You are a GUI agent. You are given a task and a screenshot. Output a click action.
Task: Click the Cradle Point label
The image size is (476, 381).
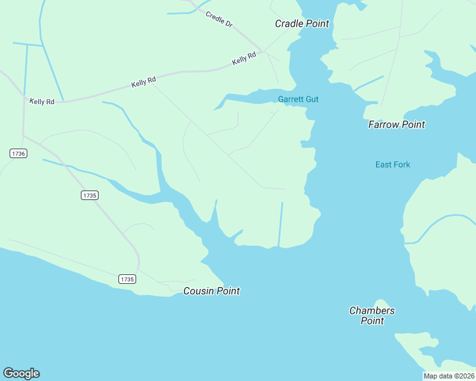pyautogui.click(x=302, y=23)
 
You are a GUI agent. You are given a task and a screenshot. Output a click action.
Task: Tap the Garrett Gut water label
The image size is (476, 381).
pyautogui.click(x=298, y=99)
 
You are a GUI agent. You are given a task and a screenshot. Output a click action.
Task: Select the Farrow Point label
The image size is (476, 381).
pyautogui.click(x=396, y=124)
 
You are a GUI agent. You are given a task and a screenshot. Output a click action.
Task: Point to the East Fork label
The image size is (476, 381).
pyautogui.click(x=393, y=164)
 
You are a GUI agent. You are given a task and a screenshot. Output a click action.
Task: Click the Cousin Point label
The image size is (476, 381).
pyautogui.click(x=211, y=291)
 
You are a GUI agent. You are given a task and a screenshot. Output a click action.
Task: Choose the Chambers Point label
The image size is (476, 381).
pyautogui.click(x=372, y=316)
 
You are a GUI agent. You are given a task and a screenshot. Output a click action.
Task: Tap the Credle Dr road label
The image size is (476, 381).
pyautogui.click(x=220, y=18)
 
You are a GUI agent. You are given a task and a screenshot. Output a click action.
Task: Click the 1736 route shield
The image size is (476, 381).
pyautogui.click(x=18, y=154)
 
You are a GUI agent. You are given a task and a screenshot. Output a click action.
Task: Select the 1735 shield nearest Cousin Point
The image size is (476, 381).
pyautogui.click(x=127, y=279)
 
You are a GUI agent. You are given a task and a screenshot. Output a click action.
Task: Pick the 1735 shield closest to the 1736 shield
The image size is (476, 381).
pyautogui.click(x=89, y=196)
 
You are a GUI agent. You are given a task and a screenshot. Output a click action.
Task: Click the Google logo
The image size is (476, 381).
pyautogui.click(x=21, y=373)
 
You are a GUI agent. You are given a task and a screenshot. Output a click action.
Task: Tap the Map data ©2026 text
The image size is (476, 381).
pyautogui.click(x=449, y=376)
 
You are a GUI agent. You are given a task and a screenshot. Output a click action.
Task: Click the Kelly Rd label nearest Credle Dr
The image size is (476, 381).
pyautogui.click(x=244, y=58)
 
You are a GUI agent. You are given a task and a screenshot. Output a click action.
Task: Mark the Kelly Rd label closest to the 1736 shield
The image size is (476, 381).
pyautogui.click(x=42, y=102)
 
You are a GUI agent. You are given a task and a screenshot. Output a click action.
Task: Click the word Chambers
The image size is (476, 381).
pyautogui.click(x=372, y=311)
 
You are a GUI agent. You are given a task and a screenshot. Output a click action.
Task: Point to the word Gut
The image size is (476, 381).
pyautogui.click(x=311, y=99)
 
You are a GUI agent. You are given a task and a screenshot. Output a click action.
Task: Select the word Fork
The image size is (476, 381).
pyautogui.click(x=402, y=164)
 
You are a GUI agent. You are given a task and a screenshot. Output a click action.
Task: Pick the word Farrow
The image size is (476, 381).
pyautogui.click(x=383, y=124)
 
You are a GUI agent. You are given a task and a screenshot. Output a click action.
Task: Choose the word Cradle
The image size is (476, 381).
pyautogui.click(x=290, y=23)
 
